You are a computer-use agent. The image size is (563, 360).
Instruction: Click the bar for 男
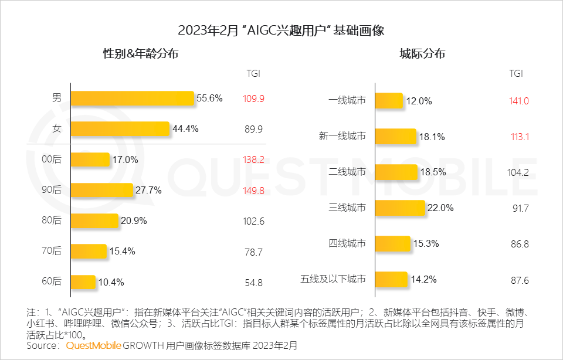point(132,99)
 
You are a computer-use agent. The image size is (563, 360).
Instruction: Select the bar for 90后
point(101,190)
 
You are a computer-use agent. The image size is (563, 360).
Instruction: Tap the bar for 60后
point(83,282)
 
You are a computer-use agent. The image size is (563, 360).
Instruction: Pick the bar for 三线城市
point(399,208)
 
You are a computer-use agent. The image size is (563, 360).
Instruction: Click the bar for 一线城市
point(388,101)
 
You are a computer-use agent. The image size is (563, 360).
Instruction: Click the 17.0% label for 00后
point(125,159)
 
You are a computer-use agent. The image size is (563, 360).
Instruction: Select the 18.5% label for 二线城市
point(432,172)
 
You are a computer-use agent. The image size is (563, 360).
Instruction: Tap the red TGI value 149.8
point(253,190)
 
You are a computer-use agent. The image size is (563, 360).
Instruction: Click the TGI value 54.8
point(253,283)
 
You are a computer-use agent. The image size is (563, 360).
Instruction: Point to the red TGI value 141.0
point(519,101)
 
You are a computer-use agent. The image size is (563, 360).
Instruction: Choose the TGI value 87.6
point(520,280)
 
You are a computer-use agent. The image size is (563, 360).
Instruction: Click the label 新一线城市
point(342,137)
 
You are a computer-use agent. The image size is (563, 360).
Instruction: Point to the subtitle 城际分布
point(422,54)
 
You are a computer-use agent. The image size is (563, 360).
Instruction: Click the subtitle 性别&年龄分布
point(141,54)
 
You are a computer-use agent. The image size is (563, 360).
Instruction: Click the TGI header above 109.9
point(253,74)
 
